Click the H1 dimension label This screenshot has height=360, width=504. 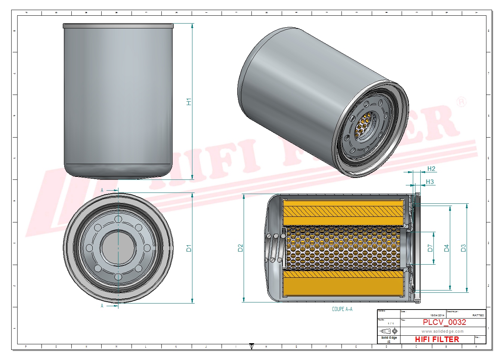pos(189,102)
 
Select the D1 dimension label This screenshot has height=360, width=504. pos(189,248)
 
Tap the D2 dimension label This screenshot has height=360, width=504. pos(240,248)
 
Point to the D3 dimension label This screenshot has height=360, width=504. pos(463,248)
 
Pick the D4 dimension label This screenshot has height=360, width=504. pos(446,248)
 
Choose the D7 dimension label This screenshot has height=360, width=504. pos(430,248)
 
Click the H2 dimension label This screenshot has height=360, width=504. pos(431,169)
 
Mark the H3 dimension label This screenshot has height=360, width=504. pos(430,182)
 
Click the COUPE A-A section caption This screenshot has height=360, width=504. pos(342,309)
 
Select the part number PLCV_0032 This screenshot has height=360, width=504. pos(444,322)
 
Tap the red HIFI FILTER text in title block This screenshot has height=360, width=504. pos(437,339)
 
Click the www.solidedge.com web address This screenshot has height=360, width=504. pos(442,331)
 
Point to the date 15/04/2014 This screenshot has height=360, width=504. pos(437,316)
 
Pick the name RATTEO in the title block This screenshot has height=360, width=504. pos(478,316)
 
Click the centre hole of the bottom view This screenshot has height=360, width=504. pos(118,248)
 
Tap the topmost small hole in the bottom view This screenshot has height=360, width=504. pos(118,219)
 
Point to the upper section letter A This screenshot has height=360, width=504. pos(102,191)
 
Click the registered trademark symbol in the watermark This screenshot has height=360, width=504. pos(461,101)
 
